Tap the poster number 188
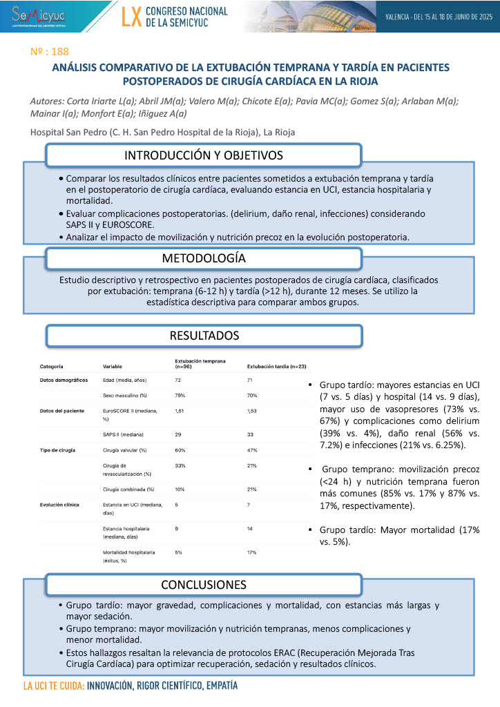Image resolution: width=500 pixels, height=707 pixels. tap(50, 51)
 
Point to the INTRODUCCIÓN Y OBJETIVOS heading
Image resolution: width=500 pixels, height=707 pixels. tap(204, 155)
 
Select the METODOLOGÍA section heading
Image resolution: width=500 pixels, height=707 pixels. tap(204, 259)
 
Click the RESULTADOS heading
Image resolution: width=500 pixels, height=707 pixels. tap(204, 336)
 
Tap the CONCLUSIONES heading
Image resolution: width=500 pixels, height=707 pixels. tap(204, 585)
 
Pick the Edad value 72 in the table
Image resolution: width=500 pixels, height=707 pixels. tap(178, 380)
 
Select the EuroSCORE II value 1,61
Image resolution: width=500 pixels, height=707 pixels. tap(181, 410)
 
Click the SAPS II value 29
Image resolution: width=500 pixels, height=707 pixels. tap(178, 435)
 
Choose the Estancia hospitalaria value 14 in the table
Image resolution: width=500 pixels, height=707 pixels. tap(250, 529)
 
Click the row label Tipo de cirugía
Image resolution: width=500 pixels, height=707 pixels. tap(57, 450)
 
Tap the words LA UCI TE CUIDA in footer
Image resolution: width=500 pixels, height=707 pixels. tap(54, 687)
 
